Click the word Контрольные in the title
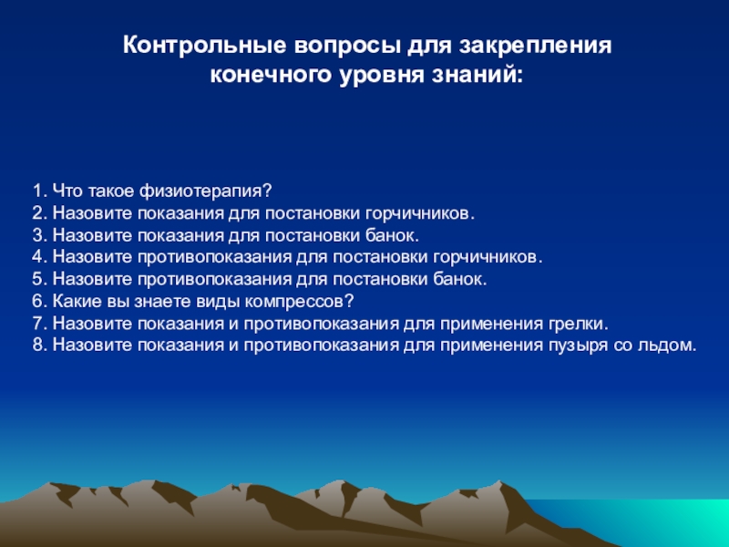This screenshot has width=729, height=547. pos(204,46)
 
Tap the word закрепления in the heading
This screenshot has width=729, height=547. pos(536,47)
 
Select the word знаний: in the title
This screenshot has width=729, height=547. pos(477,75)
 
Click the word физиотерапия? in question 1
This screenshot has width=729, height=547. pos(206,191)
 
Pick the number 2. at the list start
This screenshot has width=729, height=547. pos(40,213)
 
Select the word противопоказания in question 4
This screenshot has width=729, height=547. pos(214,257)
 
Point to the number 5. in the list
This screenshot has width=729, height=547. pos(40,279)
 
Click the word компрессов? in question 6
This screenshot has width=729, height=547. pos(300,302)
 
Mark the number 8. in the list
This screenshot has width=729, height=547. pos(40,346)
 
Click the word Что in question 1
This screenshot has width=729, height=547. pos(67,191)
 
